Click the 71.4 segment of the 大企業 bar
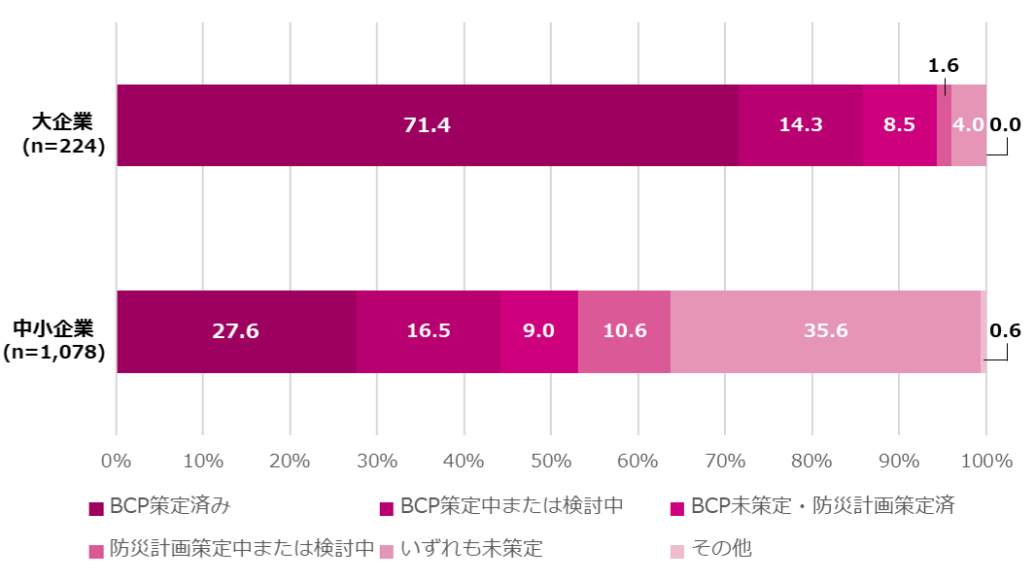(x=427, y=125)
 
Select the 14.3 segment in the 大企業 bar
(x=801, y=125)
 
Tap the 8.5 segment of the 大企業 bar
(x=899, y=125)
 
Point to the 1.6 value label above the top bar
(x=944, y=66)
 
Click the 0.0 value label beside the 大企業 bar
(x=1005, y=124)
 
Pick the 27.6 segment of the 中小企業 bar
(x=235, y=331)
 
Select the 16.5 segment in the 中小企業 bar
(x=428, y=331)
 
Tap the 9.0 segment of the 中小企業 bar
(x=538, y=331)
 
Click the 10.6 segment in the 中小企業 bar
(x=624, y=331)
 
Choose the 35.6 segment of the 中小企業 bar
(x=825, y=331)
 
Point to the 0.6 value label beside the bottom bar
(x=1005, y=330)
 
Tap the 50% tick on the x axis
(x=550, y=461)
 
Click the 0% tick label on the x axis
(x=116, y=461)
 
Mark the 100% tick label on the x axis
(x=985, y=461)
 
